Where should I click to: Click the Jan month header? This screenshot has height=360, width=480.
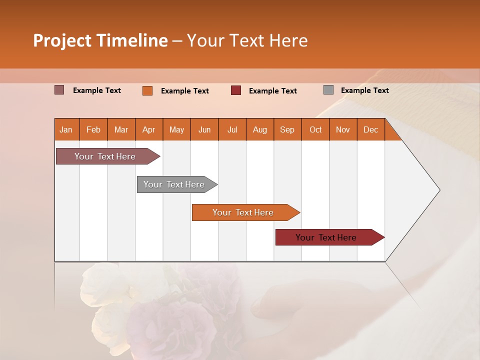[66, 129]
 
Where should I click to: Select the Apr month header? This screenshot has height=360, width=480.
[149, 129]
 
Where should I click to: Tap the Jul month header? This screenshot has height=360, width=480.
[232, 129]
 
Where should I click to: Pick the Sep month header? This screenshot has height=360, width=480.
[287, 129]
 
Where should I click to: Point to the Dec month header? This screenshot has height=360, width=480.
[370, 129]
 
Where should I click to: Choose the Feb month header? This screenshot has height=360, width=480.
[93, 129]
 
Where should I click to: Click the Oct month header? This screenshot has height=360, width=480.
[315, 129]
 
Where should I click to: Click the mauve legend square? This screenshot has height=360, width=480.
[59, 90]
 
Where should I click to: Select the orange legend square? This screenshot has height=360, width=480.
[147, 90]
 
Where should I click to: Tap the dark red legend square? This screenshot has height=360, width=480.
[236, 90]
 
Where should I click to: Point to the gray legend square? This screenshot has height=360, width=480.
[328, 90]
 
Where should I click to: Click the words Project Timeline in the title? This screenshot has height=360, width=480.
[100, 40]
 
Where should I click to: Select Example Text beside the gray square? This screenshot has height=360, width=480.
[364, 90]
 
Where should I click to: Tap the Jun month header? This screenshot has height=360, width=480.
[204, 129]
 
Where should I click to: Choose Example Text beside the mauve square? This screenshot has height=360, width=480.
[97, 90]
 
